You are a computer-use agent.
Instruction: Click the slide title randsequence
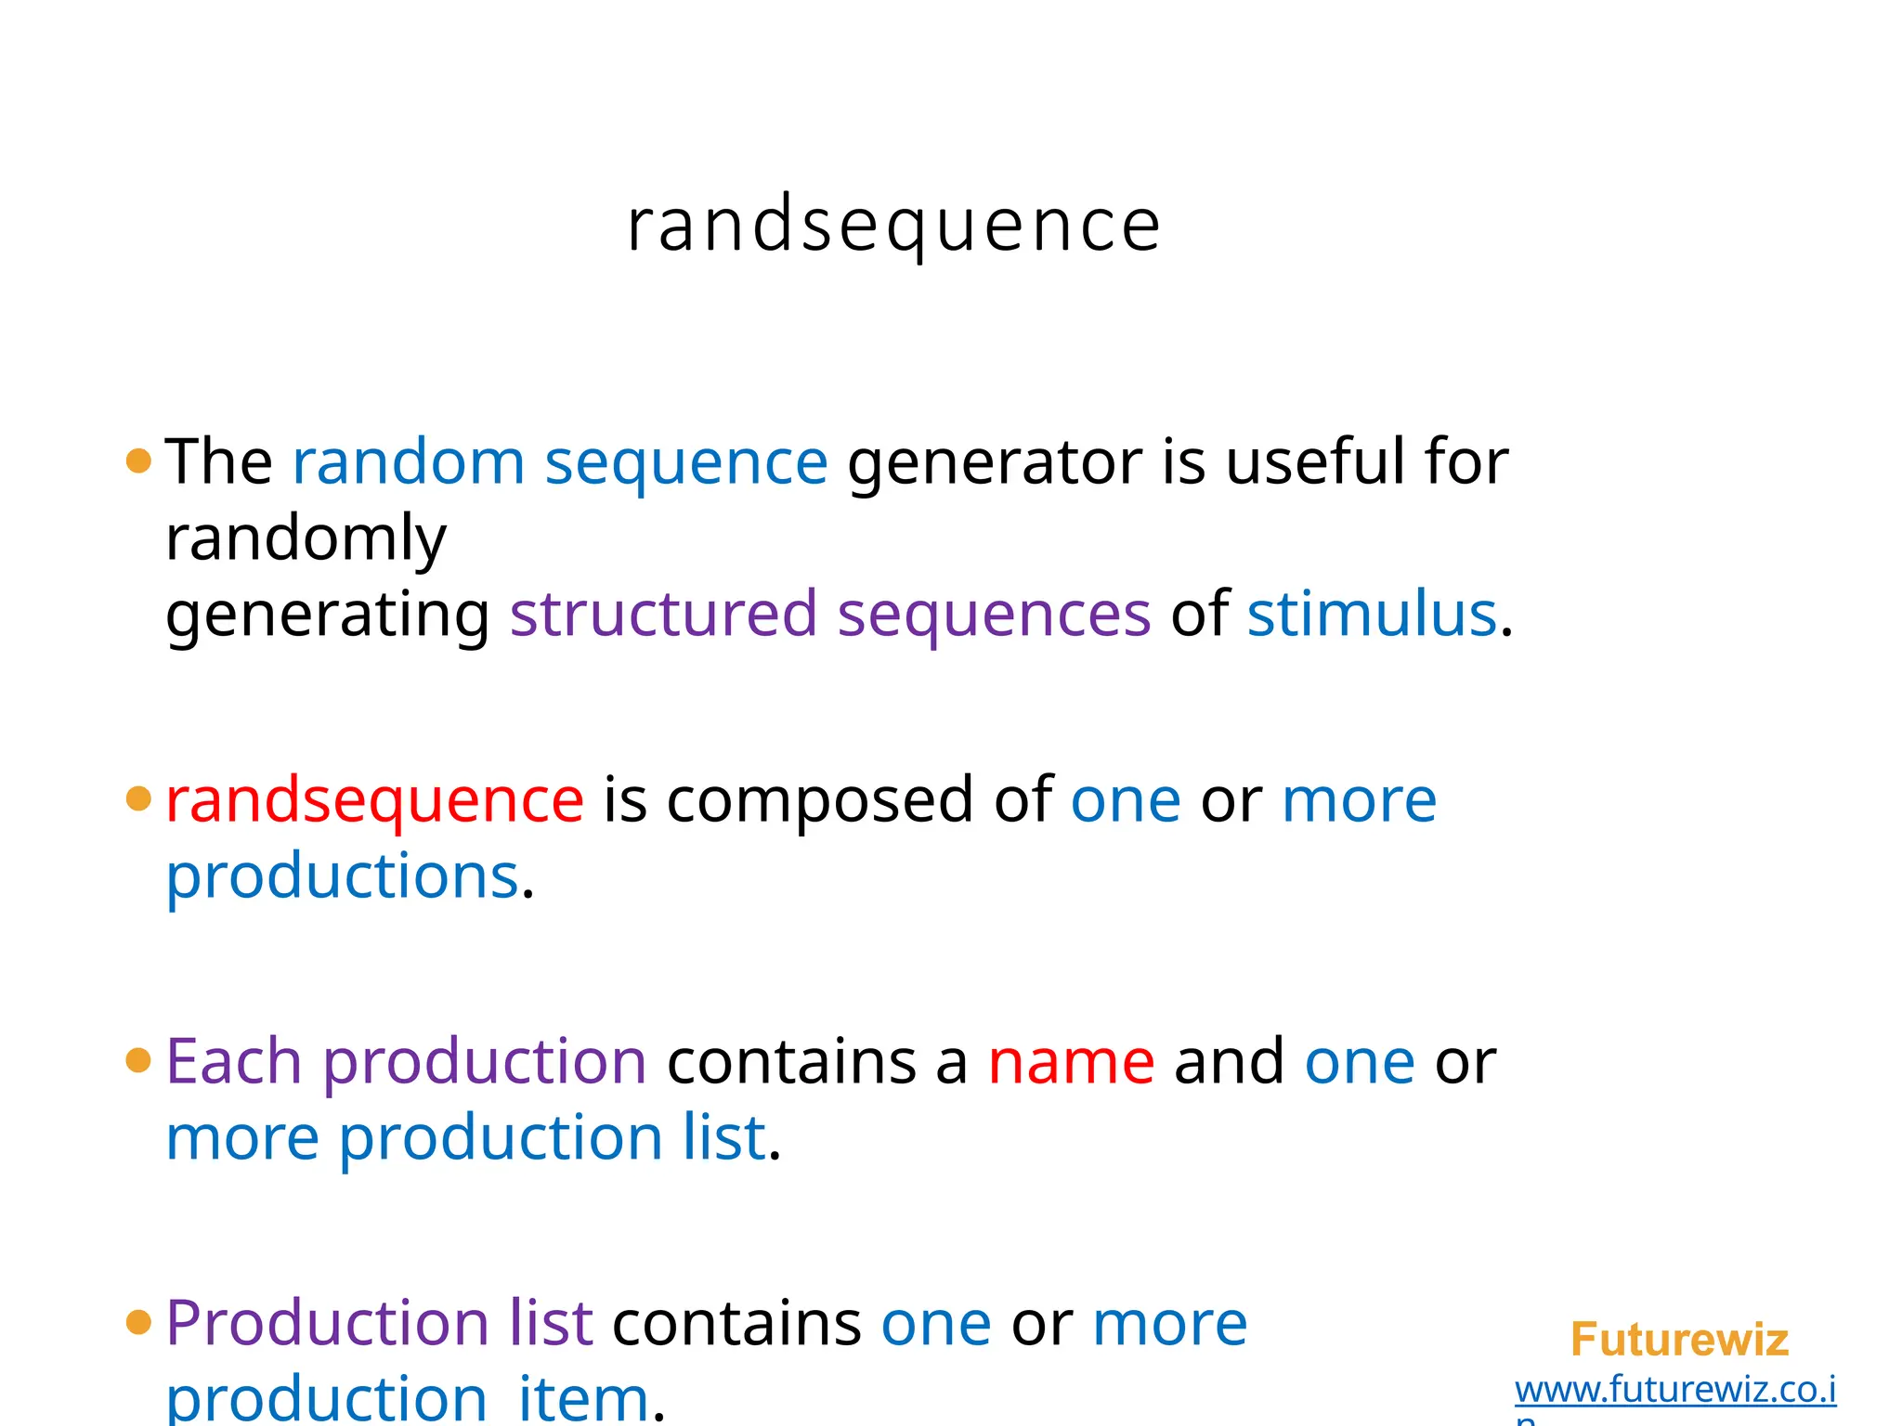(x=893, y=226)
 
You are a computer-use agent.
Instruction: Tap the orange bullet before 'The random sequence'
(x=138, y=460)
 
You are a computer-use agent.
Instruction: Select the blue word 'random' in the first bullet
(x=409, y=462)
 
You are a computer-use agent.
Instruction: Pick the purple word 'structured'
(x=663, y=615)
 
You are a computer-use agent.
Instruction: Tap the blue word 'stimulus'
(x=1371, y=615)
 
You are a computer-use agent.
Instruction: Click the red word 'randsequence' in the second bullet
(x=374, y=801)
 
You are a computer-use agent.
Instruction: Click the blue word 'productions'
(x=342, y=876)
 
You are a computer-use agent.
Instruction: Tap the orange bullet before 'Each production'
(x=138, y=1060)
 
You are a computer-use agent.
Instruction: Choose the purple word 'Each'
(x=233, y=1061)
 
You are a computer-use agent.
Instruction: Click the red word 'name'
(x=1071, y=1063)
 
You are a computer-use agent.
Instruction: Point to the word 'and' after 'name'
(x=1229, y=1061)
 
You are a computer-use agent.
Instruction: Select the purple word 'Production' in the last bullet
(x=327, y=1324)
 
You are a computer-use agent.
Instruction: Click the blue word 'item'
(x=583, y=1398)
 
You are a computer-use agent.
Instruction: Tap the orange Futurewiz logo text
(x=1678, y=1340)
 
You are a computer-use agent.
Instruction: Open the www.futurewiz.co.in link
(x=1674, y=1390)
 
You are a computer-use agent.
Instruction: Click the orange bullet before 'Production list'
(x=138, y=1323)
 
